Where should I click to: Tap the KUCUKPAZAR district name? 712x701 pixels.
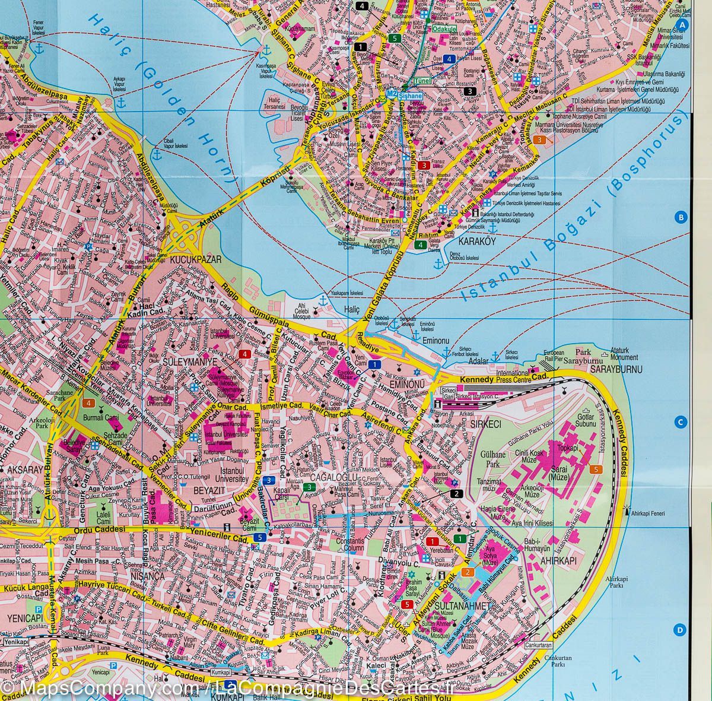click(187, 259)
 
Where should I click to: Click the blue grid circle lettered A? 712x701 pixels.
click(682, 25)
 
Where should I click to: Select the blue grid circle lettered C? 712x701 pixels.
click(681, 423)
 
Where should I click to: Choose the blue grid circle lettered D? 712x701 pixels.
click(681, 630)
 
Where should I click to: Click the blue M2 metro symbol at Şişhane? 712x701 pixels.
click(391, 94)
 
